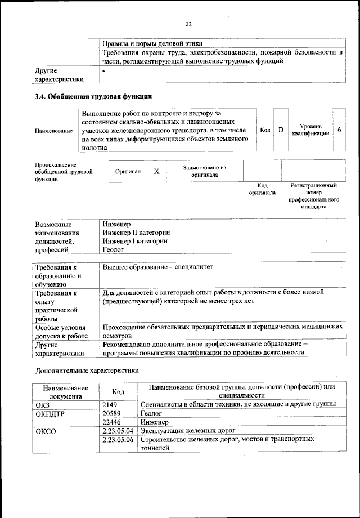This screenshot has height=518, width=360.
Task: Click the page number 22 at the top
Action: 188,23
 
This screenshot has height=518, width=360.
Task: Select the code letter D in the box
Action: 281,130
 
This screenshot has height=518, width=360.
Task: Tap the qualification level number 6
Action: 339,130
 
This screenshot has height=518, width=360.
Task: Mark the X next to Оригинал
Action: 157,172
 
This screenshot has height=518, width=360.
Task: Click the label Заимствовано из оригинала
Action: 204,171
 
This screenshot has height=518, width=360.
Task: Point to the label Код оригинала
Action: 262,189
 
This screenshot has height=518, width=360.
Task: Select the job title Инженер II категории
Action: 136,232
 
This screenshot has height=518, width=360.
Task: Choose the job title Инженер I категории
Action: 135,241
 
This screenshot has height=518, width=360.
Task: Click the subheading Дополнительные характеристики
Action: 87,370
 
